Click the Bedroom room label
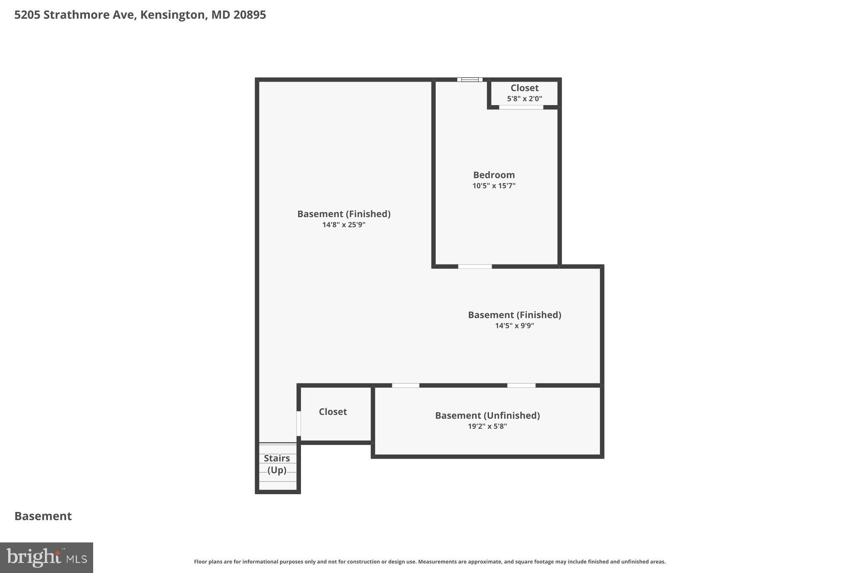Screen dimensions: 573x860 click(x=494, y=175)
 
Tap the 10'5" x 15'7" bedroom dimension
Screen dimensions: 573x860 click(x=494, y=186)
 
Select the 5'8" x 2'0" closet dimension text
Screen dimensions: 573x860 click(x=524, y=99)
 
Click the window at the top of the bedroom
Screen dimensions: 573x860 click(x=469, y=80)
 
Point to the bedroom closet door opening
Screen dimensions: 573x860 click(x=521, y=107)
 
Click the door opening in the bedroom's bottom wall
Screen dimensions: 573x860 click(x=474, y=266)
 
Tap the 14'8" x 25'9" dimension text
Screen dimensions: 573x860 click(x=344, y=225)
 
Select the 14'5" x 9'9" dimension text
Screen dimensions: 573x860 click(x=514, y=326)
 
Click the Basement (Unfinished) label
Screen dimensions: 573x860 click(x=487, y=415)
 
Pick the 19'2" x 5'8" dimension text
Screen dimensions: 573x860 click(x=487, y=426)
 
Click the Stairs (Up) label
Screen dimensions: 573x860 click(x=277, y=464)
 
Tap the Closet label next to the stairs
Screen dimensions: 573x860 click(x=333, y=412)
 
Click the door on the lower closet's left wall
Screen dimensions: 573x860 click(x=299, y=424)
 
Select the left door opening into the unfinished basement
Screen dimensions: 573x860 click(x=405, y=385)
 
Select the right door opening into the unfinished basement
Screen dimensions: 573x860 click(x=521, y=385)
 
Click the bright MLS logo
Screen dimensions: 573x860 click(x=46, y=557)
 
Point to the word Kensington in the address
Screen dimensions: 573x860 click(x=172, y=15)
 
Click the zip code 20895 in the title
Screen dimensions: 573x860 click(x=249, y=15)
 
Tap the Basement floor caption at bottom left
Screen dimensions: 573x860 click(x=43, y=516)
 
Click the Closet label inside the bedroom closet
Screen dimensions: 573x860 click(x=524, y=88)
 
